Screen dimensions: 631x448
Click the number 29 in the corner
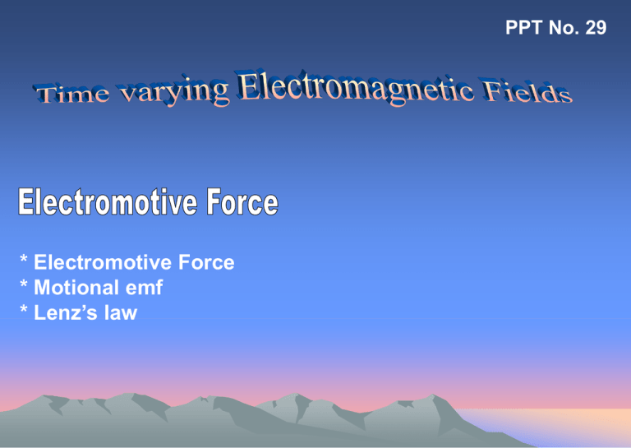596,28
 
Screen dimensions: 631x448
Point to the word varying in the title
174,92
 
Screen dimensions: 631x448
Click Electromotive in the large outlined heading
108,201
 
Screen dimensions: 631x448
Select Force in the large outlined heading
242,201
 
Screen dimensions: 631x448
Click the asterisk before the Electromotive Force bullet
24,259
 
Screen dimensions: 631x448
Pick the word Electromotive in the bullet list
103,262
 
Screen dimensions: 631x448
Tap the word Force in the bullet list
206,262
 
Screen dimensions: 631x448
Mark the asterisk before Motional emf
24,284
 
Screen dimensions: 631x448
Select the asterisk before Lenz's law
24,309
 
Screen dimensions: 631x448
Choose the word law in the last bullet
121,312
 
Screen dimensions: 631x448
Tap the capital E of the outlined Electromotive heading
25,201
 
